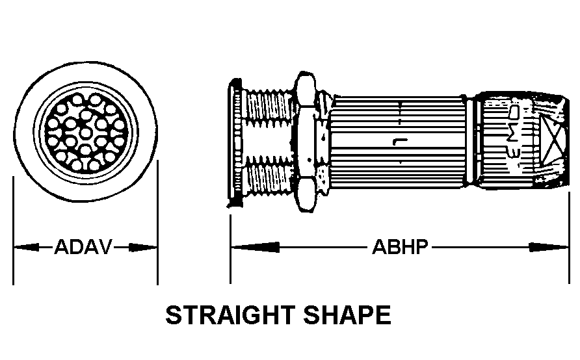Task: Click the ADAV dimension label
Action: (x=83, y=248)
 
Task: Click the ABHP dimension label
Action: (x=400, y=248)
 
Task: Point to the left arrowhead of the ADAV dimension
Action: (x=25, y=248)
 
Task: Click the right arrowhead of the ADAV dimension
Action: (x=144, y=248)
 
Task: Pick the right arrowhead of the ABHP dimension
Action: (x=550, y=248)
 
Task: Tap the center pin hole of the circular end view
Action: (x=85, y=133)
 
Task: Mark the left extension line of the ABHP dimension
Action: (x=230, y=247)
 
